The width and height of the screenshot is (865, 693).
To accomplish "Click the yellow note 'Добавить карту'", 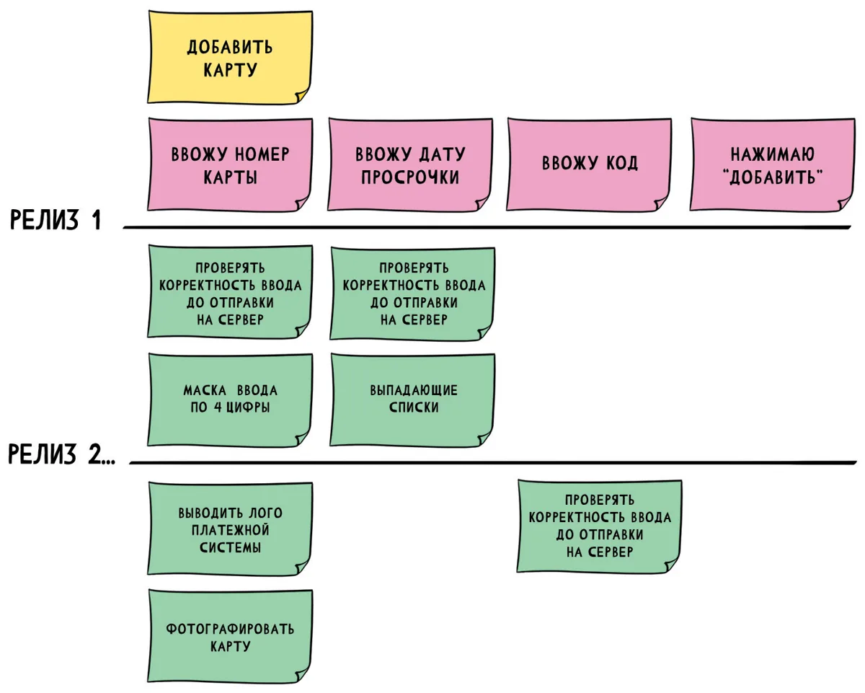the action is [x=230, y=58].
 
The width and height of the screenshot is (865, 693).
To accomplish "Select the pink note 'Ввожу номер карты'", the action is [x=230, y=165].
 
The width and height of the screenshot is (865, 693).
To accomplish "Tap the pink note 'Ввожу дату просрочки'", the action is [x=410, y=165].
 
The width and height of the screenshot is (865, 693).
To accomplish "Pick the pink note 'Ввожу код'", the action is [x=589, y=165].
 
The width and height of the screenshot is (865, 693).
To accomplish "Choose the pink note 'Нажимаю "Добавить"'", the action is [x=773, y=165].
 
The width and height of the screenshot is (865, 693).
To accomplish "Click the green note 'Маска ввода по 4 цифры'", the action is [x=230, y=400].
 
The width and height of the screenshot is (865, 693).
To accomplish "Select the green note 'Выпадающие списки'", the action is [x=412, y=400].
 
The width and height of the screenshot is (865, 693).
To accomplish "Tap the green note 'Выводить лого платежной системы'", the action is [x=230, y=529].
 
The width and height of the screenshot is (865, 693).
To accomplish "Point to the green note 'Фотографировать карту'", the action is [x=230, y=636].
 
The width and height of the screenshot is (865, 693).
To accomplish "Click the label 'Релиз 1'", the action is [x=56, y=221].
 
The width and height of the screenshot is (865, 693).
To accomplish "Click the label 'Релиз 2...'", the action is [x=61, y=454].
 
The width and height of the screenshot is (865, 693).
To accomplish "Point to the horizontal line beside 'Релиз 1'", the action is [x=487, y=227].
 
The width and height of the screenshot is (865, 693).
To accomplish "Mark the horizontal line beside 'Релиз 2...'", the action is [x=493, y=462].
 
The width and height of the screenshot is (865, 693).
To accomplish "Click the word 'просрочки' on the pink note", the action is [x=410, y=177].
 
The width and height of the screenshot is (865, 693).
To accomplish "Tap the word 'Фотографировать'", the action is [x=230, y=629].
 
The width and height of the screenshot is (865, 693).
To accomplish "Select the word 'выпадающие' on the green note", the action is [x=414, y=390].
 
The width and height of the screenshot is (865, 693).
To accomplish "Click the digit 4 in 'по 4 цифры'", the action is [x=218, y=407].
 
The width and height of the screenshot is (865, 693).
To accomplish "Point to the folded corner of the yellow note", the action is [x=301, y=95].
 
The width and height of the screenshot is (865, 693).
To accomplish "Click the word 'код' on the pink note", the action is [x=622, y=163].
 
